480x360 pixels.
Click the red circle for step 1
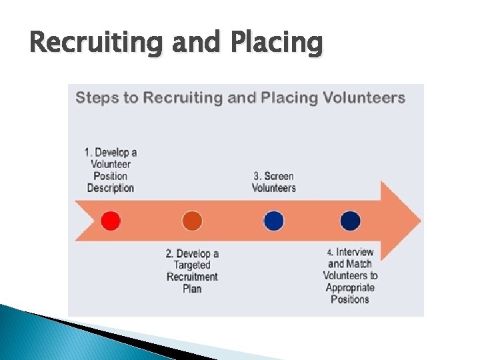coord(111,220)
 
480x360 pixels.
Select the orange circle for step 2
coord(192,220)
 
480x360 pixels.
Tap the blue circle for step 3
coord(273,220)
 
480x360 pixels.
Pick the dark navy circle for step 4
coord(350,220)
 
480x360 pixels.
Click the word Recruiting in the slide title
coord(97,43)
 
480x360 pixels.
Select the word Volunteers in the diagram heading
coord(364,98)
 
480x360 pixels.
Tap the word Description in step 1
coord(111,188)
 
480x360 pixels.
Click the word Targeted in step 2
coord(192,265)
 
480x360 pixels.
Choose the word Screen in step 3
coord(279,176)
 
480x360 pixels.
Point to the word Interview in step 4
coord(355,252)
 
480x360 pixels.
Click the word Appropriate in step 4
coord(350,288)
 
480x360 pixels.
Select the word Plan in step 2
coord(192,289)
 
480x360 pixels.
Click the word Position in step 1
coord(111,176)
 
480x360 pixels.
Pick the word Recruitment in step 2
coord(192,277)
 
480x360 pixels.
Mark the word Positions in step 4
coord(350,299)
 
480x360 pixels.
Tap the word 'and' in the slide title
coord(197,43)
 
